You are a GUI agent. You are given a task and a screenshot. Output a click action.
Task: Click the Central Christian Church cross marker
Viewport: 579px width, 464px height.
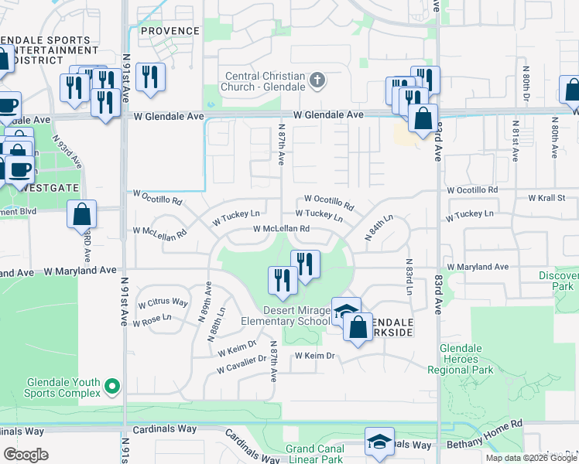click(x=317, y=80)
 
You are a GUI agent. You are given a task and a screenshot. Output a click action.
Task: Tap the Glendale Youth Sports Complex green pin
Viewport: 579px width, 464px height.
click(x=113, y=385)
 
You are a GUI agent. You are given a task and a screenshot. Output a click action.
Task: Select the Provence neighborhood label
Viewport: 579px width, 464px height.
click(x=170, y=31)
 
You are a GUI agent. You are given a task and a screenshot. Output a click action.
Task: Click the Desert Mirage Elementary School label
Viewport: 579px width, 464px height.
click(x=285, y=316)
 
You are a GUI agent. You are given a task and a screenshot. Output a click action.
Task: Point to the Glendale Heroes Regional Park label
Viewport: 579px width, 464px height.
click(x=466, y=360)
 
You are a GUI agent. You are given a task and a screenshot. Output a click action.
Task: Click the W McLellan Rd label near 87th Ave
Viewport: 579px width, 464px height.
click(x=281, y=229)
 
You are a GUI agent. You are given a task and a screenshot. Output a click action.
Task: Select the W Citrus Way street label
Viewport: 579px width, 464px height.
click(x=163, y=302)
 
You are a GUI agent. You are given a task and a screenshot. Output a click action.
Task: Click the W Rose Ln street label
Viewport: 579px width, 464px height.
click(x=155, y=318)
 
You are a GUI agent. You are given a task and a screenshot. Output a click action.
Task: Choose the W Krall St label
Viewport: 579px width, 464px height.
click(x=549, y=198)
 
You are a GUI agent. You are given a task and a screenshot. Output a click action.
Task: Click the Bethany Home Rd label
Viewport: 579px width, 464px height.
click(x=485, y=446)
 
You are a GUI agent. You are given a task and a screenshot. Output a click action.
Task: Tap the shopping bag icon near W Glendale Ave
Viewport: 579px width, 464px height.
click(x=423, y=120)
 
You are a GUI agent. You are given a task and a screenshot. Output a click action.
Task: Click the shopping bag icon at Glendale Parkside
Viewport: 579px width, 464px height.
click(x=358, y=327)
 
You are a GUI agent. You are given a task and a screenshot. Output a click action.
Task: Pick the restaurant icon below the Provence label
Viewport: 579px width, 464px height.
click(x=148, y=77)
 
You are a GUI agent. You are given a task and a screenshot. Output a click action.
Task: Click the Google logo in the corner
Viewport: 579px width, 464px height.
click(x=26, y=454)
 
